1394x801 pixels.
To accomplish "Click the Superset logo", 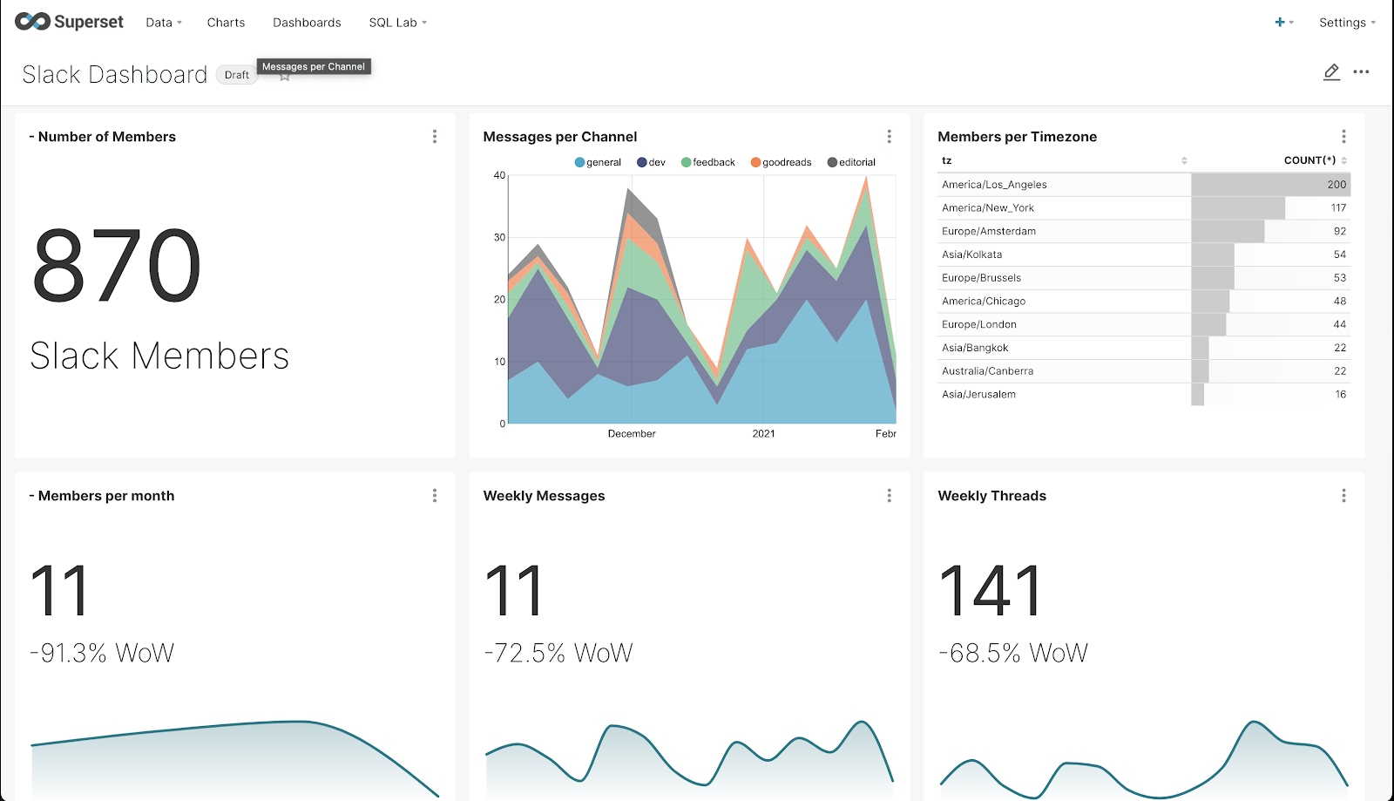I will click(x=69, y=22).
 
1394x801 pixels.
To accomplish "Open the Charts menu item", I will click(x=226, y=23).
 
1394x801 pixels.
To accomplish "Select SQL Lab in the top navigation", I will click(x=393, y=23).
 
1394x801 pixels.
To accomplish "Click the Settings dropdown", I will click(x=1346, y=23).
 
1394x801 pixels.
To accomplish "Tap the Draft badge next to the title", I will click(x=236, y=75).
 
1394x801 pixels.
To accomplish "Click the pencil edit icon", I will click(x=1331, y=72).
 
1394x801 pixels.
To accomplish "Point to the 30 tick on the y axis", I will click(x=499, y=237).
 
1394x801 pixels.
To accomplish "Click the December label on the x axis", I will click(x=632, y=433).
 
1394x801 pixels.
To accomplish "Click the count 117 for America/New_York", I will click(x=1338, y=208).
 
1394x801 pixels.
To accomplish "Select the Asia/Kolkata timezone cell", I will click(x=971, y=255).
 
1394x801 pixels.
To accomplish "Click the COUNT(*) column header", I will click(x=1309, y=160).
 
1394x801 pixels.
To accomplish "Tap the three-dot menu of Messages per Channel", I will click(x=889, y=137).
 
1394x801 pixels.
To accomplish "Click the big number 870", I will click(x=117, y=265).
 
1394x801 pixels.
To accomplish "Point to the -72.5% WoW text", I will click(x=558, y=653).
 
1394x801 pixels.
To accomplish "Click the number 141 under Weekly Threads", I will click(x=991, y=590).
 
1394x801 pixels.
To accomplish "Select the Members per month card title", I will click(x=106, y=496).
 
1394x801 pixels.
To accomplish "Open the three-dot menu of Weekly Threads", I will click(x=1343, y=496).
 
